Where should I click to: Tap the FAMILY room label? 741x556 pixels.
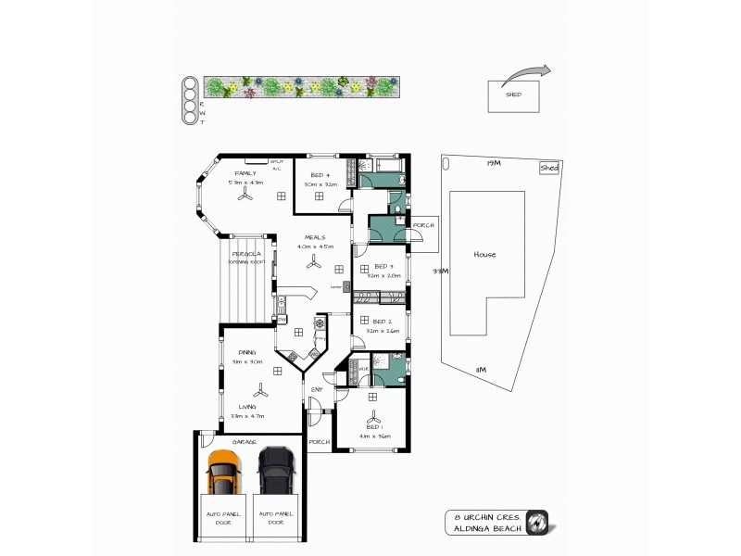(245, 173)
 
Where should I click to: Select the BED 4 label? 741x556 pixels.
(320, 175)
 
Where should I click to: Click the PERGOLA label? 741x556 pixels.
(245, 252)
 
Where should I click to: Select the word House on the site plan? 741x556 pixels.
(484, 255)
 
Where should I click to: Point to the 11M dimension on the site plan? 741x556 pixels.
(481, 370)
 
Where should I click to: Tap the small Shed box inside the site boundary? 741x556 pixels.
(548, 168)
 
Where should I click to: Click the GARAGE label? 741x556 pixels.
(245, 442)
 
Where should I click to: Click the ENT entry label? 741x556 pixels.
(316, 389)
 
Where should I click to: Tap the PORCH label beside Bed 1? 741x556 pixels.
(320, 442)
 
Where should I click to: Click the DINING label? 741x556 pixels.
(246, 353)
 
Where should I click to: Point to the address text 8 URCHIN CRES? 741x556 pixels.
(484, 516)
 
